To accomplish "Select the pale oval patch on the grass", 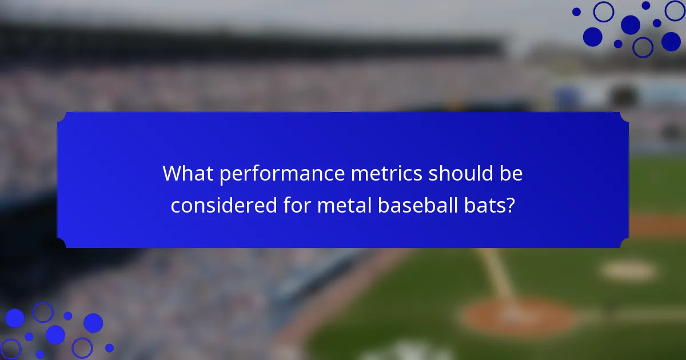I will click(x=628, y=271).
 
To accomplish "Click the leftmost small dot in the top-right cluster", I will click(x=576, y=11).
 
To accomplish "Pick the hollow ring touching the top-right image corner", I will click(x=676, y=10).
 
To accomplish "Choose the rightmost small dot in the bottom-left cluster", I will click(x=109, y=347).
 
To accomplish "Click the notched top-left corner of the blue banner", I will click(x=62, y=117).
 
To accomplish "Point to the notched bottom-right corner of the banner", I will click(x=624, y=243).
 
